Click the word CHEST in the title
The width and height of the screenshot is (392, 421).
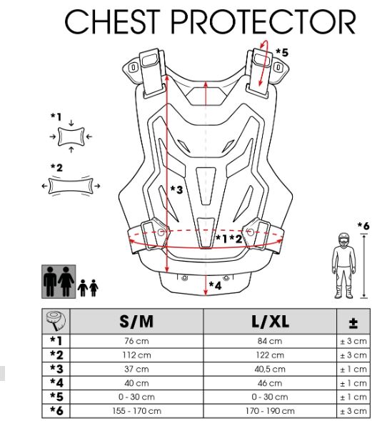pyautogui.click(x=113, y=21)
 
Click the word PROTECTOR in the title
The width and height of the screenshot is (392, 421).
pyautogui.click(x=263, y=21)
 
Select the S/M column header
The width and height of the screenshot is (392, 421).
pyautogui.click(x=136, y=321)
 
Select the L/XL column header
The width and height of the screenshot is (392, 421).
pyautogui.click(x=270, y=321)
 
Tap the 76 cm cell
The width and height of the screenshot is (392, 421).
pyautogui.click(x=136, y=341)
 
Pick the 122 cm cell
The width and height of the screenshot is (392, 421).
pyautogui.click(x=270, y=355)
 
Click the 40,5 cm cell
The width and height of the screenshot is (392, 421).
pyautogui.click(x=270, y=370)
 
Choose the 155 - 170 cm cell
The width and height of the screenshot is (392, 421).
pyautogui.click(x=136, y=411)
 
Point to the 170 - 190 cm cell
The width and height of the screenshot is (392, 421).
pyautogui.click(x=270, y=411)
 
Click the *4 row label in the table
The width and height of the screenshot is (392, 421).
pyautogui.click(x=56, y=383)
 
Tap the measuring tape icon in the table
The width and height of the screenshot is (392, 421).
pyautogui.click(x=56, y=321)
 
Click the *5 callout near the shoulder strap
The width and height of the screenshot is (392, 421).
pyautogui.click(x=282, y=52)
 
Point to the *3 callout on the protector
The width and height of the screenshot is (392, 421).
pyautogui.click(x=176, y=189)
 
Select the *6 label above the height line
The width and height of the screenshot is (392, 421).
pyautogui.click(x=363, y=226)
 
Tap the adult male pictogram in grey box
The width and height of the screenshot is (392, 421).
pyautogui.click(x=50, y=282)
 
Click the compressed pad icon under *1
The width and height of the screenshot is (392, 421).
pyautogui.click(x=71, y=137)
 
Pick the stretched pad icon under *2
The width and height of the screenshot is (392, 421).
pyautogui.click(x=71, y=186)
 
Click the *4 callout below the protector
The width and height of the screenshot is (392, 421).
pyautogui.click(x=216, y=285)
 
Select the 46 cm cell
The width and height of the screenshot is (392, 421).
pyautogui.click(x=270, y=383)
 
